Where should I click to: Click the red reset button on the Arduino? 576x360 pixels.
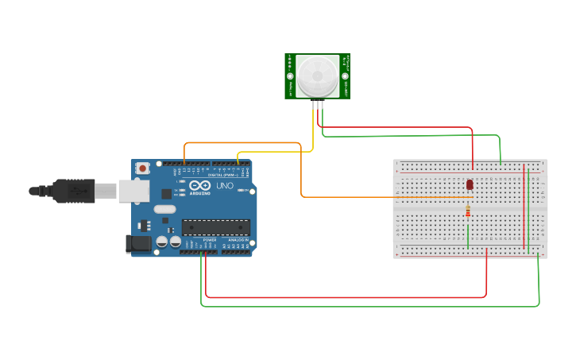click(143, 168)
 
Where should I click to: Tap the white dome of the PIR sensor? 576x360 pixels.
click(318, 76)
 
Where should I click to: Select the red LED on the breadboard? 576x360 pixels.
click(470, 184)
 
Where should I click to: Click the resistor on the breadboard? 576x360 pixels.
click(468, 211)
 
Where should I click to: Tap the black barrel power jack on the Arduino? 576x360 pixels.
click(138, 244)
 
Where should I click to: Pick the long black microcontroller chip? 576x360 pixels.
click(216, 227)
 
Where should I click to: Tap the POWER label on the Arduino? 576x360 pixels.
click(210, 239)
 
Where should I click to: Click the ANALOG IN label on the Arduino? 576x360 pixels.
click(238, 239)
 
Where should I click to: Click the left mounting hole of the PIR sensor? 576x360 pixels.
click(291, 77)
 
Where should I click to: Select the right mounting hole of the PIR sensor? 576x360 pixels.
click(345, 76)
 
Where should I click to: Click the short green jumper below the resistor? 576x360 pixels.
click(468, 236)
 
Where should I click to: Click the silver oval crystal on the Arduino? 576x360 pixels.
click(164, 210)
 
